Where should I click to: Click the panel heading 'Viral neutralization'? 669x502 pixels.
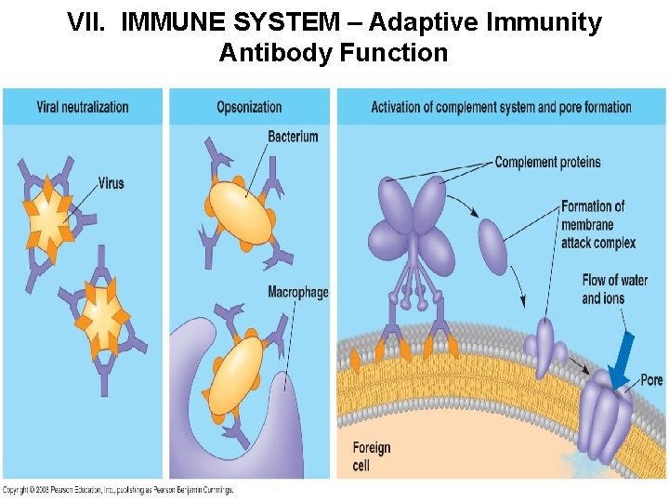click(x=83, y=107)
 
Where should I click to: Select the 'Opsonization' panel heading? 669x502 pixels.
click(x=249, y=107)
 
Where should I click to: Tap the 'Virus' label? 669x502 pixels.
click(x=111, y=183)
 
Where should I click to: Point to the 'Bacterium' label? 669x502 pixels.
click(x=293, y=137)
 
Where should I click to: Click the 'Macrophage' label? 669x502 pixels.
click(x=297, y=292)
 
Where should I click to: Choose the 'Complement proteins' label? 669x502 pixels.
click(x=547, y=163)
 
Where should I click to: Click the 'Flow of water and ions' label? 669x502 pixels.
click(x=614, y=289)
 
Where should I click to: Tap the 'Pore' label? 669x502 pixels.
click(x=651, y=379)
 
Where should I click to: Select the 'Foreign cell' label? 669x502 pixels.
click(x=372, y=456)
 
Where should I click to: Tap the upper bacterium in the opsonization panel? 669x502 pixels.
click(x=240, y=203)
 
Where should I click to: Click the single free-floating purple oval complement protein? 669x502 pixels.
click(x=492, y=245)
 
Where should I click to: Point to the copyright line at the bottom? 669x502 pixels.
click(x=118, y=490)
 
